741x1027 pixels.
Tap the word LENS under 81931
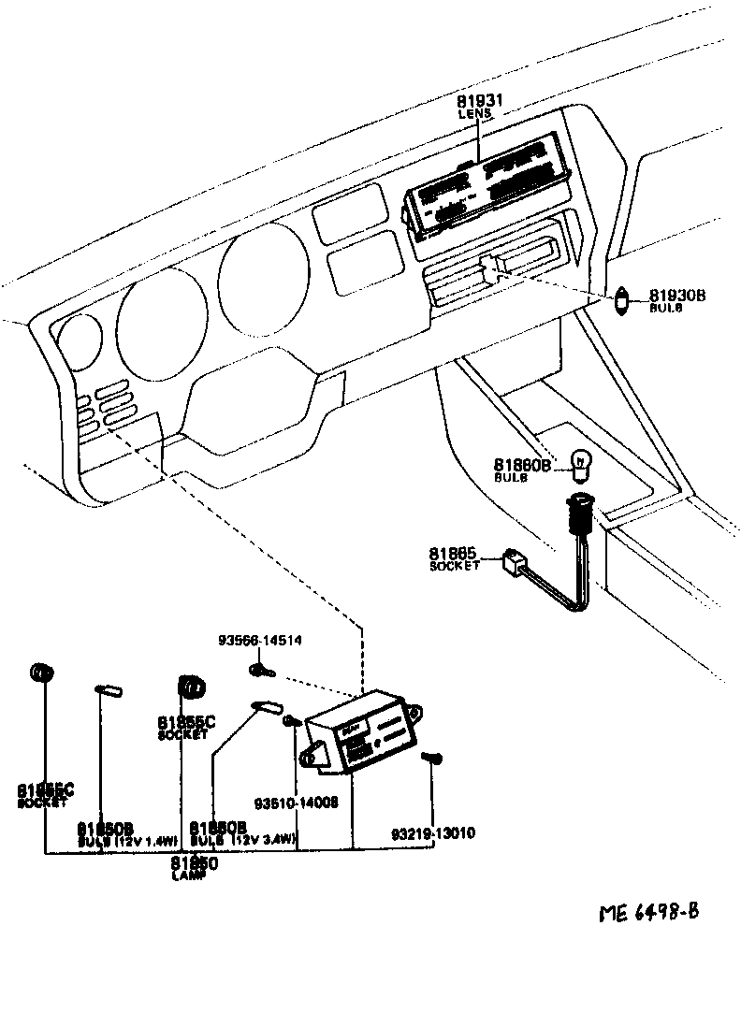tap(474, 113)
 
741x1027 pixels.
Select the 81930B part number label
tap(677, 296)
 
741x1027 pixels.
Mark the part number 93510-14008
tap(296, 803)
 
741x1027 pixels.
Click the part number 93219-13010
tap(433, 832)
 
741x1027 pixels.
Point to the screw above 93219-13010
tap(431, 758)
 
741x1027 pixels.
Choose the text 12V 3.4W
tap(266, 841)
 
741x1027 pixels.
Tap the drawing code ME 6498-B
tap(649, 911)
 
